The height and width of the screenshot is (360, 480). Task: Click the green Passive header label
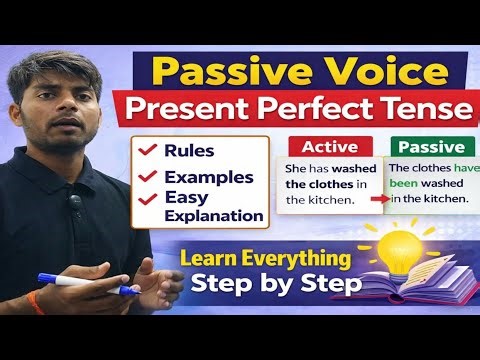click(x=428, y=147)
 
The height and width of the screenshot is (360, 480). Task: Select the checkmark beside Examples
click(x=148, y=177)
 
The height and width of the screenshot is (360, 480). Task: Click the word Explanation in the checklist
click(x=214, y=215)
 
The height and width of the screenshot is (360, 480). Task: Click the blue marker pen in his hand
click(x=85, y=284)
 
